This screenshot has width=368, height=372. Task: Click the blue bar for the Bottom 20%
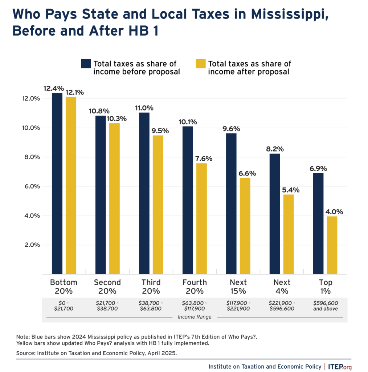tap(57, 183)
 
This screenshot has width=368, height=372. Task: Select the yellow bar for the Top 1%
tap(332, 245)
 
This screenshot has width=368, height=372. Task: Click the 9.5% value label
tap(158, 130)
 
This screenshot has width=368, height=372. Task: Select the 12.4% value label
tap(53, 88)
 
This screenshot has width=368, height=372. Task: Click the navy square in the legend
tap(86, 64)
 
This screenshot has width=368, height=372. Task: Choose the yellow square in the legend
tap(201, 64)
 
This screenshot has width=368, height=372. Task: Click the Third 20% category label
tap(151, 287)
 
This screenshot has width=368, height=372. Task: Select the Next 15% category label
tap(238, 287)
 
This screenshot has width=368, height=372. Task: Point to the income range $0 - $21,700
tap(64, 305)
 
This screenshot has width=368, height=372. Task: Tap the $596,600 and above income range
tap(325, 305)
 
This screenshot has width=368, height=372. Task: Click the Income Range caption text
tap(195, 317)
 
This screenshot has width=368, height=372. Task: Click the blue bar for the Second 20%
tap(101, 195)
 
